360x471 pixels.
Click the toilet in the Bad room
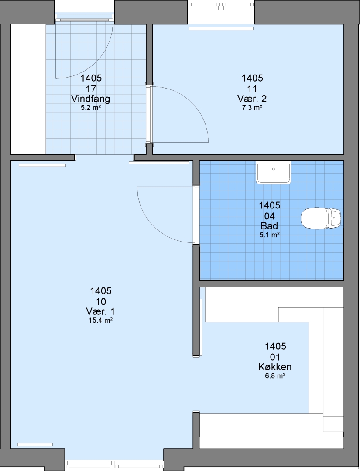click(321, 218)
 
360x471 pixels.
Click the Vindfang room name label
click(90, 99)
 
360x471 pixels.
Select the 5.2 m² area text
click(90, 108)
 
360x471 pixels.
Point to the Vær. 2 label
click(252, 99)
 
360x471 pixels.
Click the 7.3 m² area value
click(252, 108)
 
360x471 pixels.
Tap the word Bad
click(269, 225)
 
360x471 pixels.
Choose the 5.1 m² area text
click(270, 235)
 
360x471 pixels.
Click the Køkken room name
click(274, 367)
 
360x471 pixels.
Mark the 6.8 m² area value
click(274, 376)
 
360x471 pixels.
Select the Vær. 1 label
click(100, 311)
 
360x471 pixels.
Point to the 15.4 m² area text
click(100, 321)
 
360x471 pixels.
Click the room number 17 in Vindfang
click(91, 89)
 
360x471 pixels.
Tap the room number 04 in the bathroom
click(270, 216)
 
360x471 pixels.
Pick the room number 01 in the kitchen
click(275, 357)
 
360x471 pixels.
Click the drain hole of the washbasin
click(274, 169)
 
